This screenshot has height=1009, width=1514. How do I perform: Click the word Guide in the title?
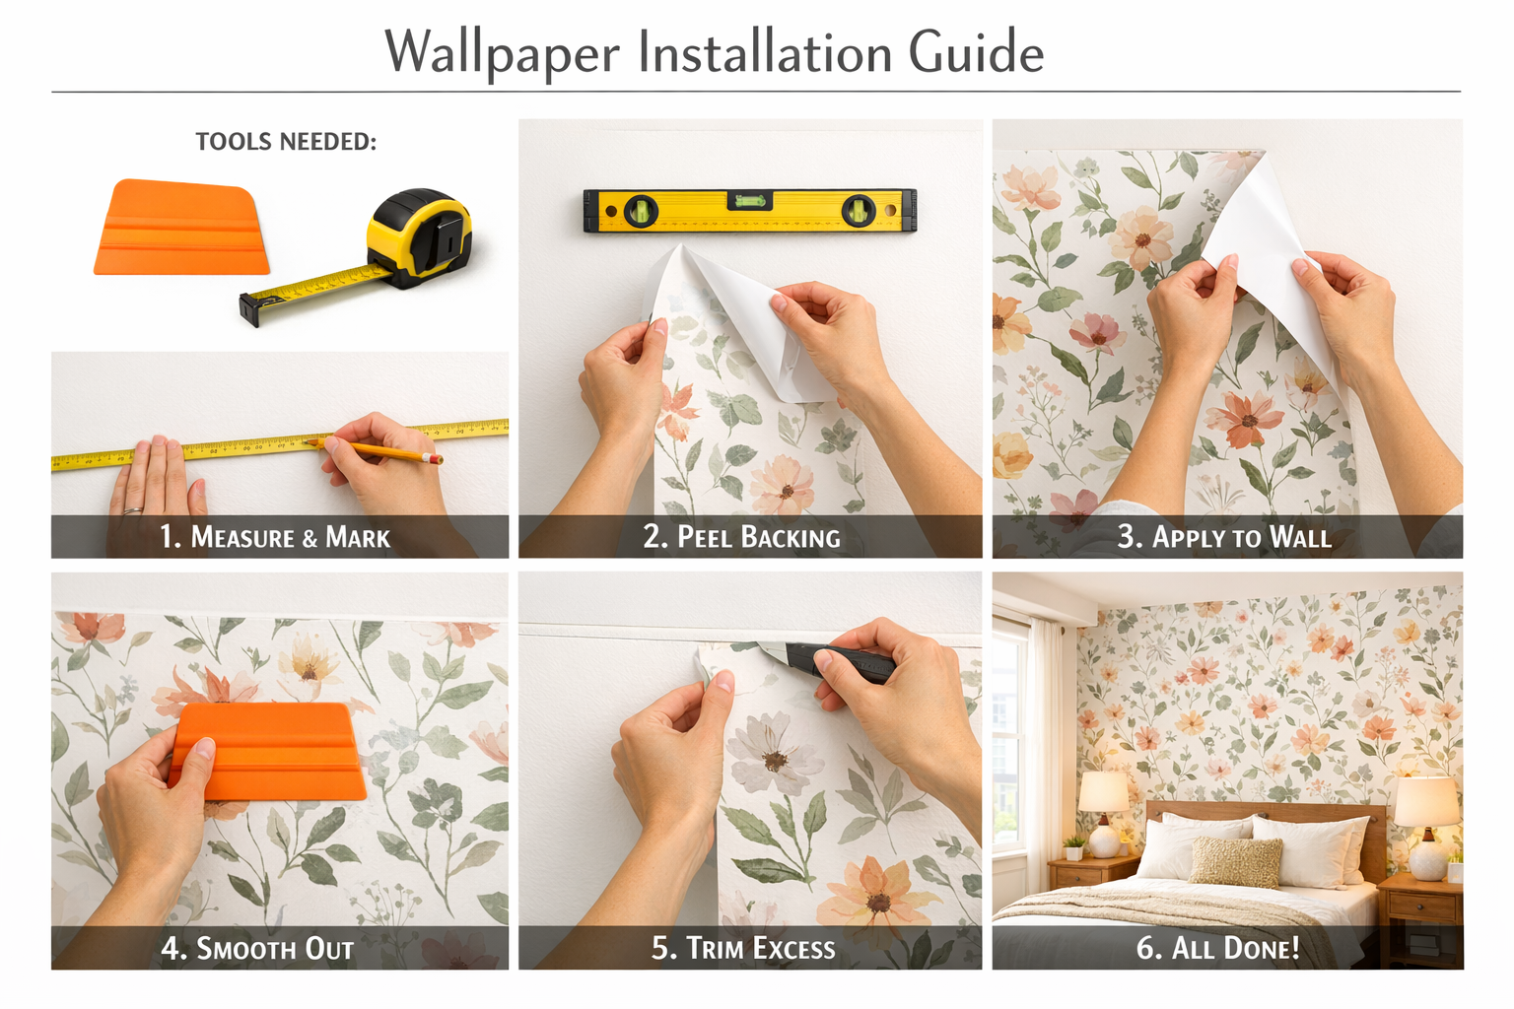976,52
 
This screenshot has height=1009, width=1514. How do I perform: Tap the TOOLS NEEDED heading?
286,142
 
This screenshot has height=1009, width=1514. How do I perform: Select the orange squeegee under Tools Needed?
182,229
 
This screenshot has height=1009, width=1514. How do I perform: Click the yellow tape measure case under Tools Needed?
419,235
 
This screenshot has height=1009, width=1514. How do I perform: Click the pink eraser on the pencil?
435,459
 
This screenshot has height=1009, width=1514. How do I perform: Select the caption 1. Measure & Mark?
275,537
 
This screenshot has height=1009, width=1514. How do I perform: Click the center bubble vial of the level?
750,202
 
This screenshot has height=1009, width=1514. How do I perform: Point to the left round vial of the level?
641,210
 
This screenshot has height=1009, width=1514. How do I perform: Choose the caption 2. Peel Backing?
742,537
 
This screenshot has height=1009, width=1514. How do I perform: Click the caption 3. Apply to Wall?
1224,537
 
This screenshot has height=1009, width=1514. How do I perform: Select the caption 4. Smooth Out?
258,948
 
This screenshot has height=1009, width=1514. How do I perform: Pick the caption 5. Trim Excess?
743,948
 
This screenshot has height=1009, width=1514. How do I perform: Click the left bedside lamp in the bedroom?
1103,808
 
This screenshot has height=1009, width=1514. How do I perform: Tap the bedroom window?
1009,739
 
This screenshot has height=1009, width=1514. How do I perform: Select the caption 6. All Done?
1218,948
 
